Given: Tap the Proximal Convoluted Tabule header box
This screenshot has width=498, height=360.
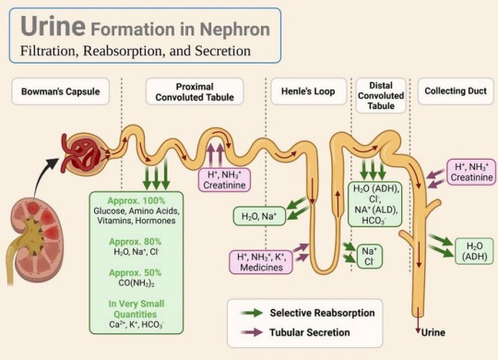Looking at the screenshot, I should click(x=195, y=91).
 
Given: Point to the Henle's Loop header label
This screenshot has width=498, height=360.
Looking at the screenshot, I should click(x=302, y=91).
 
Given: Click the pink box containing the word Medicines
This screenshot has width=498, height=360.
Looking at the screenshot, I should click(x=262, y=263).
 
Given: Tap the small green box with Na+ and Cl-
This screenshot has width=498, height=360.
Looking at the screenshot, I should click(x=367, y=256).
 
